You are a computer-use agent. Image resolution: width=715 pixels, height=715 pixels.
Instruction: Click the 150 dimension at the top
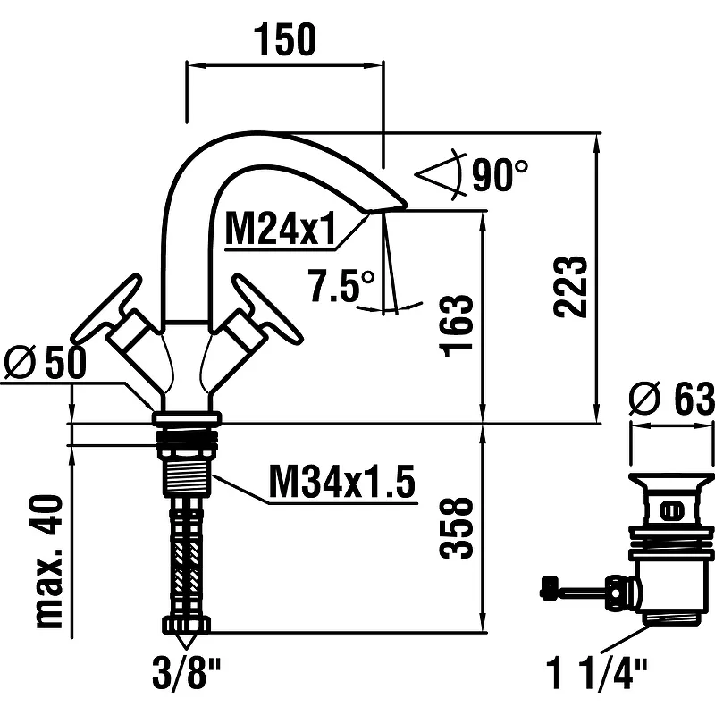click(285, 40)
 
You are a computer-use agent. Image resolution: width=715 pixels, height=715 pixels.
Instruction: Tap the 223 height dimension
click(571, 287)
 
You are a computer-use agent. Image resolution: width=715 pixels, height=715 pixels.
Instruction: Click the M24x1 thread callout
click(280, 231)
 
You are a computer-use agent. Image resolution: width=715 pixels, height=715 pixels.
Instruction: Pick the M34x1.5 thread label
click(342, 484)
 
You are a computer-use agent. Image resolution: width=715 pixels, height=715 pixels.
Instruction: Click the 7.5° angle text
click(341, 286)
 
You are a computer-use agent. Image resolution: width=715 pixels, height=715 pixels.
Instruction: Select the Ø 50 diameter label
click(45, 364)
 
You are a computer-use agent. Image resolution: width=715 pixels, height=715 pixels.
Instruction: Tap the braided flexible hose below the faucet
click(188, 554)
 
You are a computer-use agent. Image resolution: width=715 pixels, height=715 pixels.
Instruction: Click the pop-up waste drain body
click(672, 545)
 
